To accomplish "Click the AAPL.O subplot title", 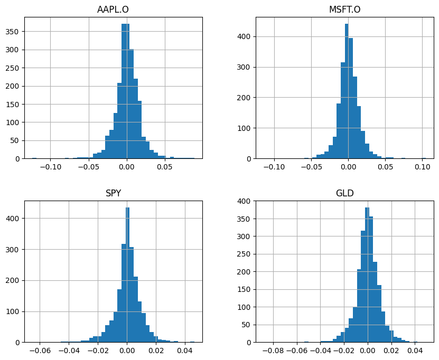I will pos(113,10).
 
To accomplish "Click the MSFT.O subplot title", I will pos(344,10).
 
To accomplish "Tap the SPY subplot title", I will pos(113,193).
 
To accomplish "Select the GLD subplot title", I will pos(344,193).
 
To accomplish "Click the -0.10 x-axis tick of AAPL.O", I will pos(50,167).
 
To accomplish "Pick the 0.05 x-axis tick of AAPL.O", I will pos(165,167).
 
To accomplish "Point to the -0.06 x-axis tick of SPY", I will pos(39,350).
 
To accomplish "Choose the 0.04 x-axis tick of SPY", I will pos(185,350).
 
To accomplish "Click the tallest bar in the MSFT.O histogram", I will pos(347,91).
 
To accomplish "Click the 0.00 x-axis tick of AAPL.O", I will pos(127,167).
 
